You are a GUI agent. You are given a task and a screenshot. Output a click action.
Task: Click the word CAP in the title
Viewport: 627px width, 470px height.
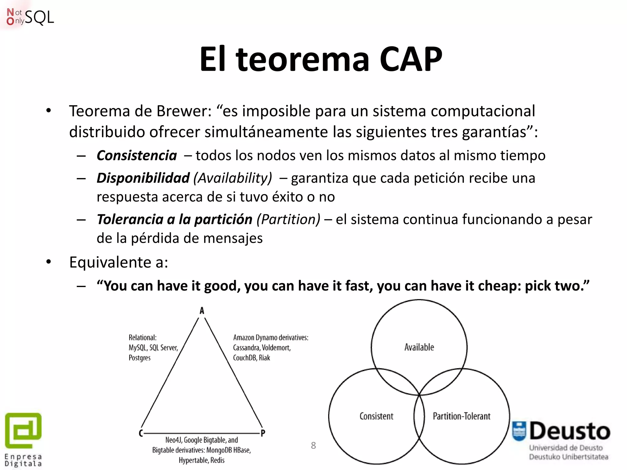tap(411, 59)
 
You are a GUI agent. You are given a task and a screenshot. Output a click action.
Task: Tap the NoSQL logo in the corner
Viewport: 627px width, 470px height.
tap(30, 17)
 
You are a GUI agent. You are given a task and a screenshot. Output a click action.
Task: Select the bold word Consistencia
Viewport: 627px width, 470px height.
tap(137, 155)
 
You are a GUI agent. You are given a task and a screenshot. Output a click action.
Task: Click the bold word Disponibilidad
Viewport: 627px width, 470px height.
tap(143, 178)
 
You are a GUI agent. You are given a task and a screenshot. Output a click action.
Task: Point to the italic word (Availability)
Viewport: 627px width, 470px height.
tap(233, 178)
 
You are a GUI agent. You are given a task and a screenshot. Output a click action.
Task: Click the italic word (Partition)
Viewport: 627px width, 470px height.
tap(288, 219)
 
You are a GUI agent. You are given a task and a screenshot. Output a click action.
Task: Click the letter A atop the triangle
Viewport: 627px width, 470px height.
tap(202, 311)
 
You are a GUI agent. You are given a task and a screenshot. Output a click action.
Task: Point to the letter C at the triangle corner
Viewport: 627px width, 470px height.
tap(141, 433)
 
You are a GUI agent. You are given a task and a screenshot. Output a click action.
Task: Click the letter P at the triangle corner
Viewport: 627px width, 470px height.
tap(263, 433)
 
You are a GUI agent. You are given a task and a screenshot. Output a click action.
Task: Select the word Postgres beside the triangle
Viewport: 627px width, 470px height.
tap(140, 358)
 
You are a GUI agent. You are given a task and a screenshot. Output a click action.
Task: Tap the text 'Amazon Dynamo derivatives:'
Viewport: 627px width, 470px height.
tap(271, 338)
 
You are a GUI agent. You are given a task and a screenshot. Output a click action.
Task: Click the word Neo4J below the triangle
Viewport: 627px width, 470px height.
tap(174, 440)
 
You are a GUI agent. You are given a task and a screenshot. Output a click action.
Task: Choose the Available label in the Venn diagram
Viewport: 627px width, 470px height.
tap(419, 347)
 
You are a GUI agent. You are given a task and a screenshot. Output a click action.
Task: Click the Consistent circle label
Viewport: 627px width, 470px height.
tap(376, 416)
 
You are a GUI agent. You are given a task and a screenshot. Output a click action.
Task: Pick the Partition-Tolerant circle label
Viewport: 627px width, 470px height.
tap(461, 416)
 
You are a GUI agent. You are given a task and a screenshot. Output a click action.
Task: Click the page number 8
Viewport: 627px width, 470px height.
tap(313, 446)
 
